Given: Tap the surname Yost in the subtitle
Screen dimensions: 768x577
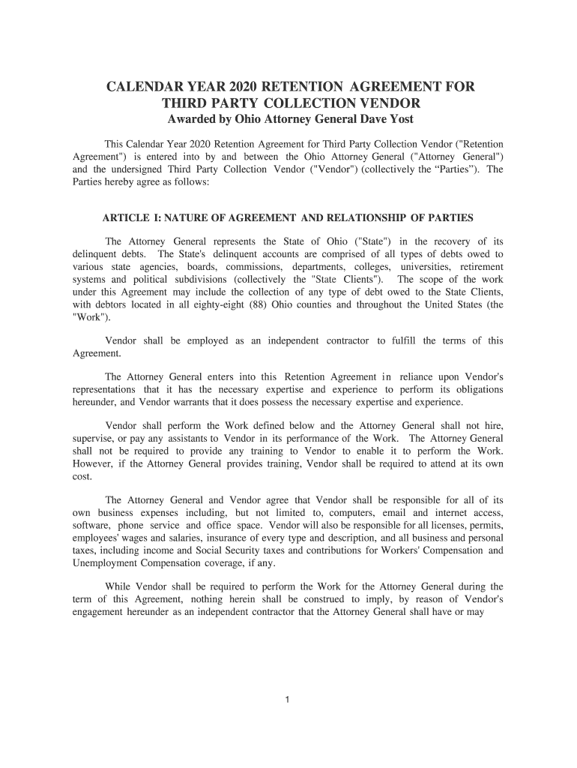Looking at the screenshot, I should [398, 119].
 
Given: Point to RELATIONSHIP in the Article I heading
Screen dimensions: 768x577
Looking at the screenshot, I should [366, 218].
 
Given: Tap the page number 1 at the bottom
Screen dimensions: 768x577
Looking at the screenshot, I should [288, 700].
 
